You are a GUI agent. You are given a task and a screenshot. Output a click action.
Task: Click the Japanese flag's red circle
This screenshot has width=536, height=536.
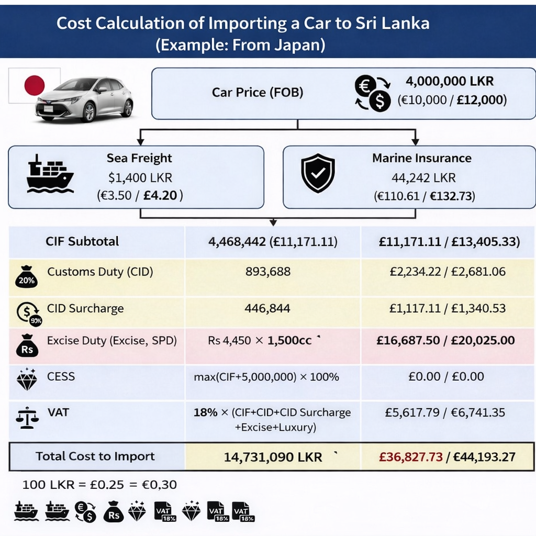click(x=35, y=85)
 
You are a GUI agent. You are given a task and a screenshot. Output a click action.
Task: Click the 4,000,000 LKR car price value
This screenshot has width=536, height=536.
click(x=450, y=82)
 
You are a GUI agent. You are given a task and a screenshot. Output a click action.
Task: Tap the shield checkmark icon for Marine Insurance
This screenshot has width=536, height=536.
click(x=318, y=173)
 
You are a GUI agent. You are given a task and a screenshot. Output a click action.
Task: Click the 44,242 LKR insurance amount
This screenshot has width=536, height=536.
click(x=423, y=177)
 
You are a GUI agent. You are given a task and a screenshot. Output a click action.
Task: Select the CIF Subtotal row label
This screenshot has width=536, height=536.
click(x=82, y=241)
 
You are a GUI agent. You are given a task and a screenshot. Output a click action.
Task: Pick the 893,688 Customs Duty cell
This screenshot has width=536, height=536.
click(x=267, y=272)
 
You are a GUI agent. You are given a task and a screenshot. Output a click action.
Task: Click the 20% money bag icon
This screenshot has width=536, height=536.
click(x=26, y=276)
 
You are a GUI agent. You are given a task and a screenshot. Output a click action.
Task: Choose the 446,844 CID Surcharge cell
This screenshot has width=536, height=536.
click(x=267, y=308)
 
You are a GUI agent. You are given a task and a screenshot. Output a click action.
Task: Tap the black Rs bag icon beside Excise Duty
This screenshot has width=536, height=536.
click(x=27, y=345)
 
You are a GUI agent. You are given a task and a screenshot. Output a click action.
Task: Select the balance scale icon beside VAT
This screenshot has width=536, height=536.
click(x=27, y=418)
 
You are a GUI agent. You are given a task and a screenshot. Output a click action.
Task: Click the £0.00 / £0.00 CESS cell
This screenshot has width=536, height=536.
click(x=446, y=376)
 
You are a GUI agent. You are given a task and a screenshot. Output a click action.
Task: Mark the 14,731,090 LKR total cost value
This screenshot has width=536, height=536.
click(x=273, y=457)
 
